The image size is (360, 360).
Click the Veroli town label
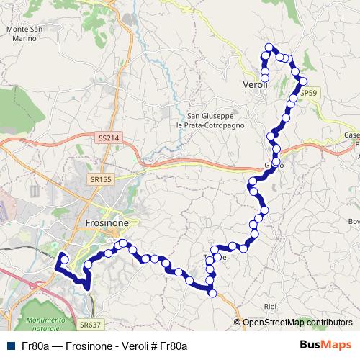[x=256, y=84]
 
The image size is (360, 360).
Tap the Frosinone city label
[x=107, y=223]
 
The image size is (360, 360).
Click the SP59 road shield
[x=309, y=94]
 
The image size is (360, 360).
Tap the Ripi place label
[x=270, y=306]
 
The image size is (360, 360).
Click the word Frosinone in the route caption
[x=91, y=346]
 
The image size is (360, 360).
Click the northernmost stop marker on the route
[x=269, y=48]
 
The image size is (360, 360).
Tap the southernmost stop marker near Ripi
[x=212, y=292]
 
